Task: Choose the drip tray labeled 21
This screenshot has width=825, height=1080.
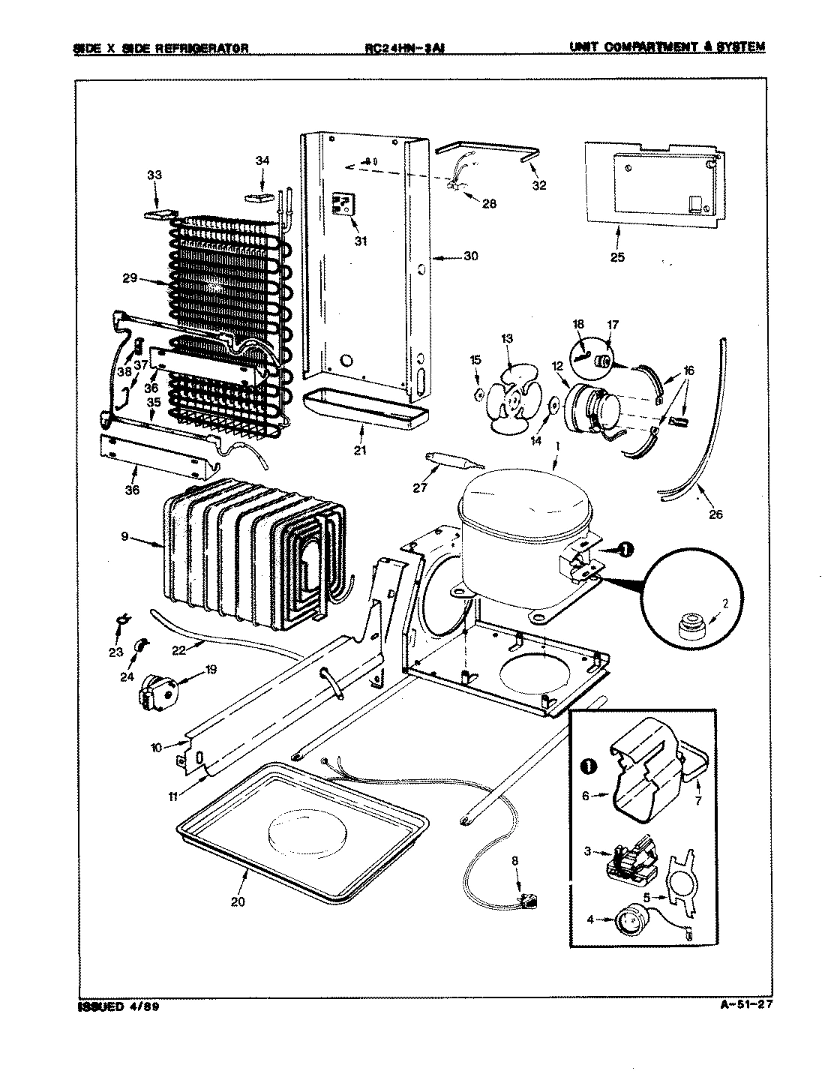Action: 362,409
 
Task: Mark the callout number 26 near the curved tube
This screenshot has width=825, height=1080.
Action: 715,514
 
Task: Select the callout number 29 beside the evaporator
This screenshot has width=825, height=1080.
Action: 129,278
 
